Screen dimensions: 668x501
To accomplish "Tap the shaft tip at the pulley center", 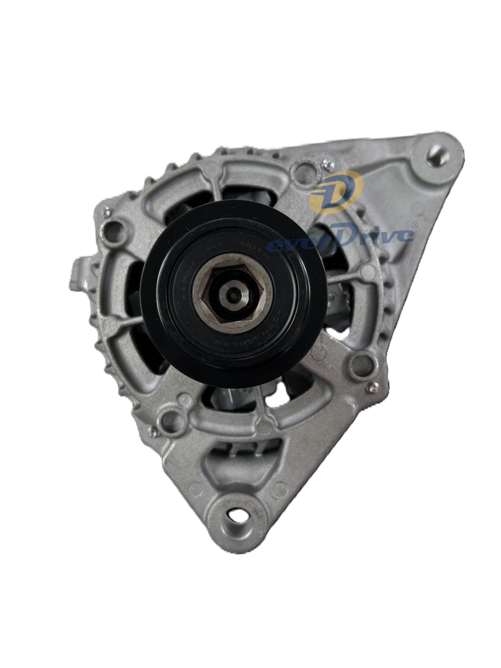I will click(x=234, y=293).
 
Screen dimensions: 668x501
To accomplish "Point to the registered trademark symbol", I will click(x=414, y=223).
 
